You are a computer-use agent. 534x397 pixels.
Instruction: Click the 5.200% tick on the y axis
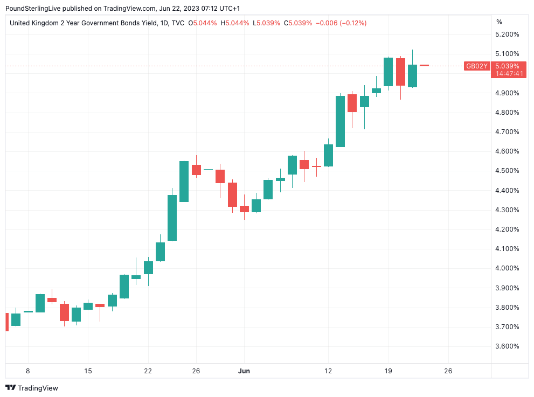(507, 34)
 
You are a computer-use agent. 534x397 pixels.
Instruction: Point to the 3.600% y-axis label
(507, 346)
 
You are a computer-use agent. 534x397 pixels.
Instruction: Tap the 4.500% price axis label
(507, 171)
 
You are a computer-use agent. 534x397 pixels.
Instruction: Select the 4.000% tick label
(507, 268)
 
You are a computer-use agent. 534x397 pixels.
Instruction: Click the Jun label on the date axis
(244, 371)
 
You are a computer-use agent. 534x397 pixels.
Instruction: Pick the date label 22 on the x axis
(148, 371)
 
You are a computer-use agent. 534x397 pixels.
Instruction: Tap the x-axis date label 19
(387, 371)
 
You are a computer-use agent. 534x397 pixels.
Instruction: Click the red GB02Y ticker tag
(477, 66)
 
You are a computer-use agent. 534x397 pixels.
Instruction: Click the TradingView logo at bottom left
(32, 388)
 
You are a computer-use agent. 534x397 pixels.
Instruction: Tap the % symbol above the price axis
(499, 22)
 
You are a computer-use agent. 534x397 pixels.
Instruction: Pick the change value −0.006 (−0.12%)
(341, 23)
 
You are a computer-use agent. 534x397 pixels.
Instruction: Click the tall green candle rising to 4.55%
(184, 182)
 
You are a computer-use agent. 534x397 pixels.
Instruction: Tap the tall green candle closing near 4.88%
(340, 121)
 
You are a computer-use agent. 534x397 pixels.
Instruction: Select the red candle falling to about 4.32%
(232, 194)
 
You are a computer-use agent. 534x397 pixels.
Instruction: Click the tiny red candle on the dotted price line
(424, 65)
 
